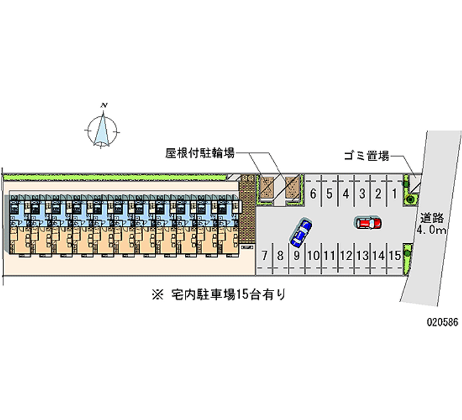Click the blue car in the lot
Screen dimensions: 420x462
pos(301,232)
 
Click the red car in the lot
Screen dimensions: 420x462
pos(367,222)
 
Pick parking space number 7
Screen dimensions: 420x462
pos(264,255)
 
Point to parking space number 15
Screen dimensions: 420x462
pos(395,255)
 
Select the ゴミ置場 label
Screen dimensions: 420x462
pos(365,155)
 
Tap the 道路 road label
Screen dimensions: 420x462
pos(432,218)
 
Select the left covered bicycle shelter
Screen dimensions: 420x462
pos(267,186)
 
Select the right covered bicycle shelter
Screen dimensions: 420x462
pos(293,186)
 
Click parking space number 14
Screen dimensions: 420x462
pos(379,255)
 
